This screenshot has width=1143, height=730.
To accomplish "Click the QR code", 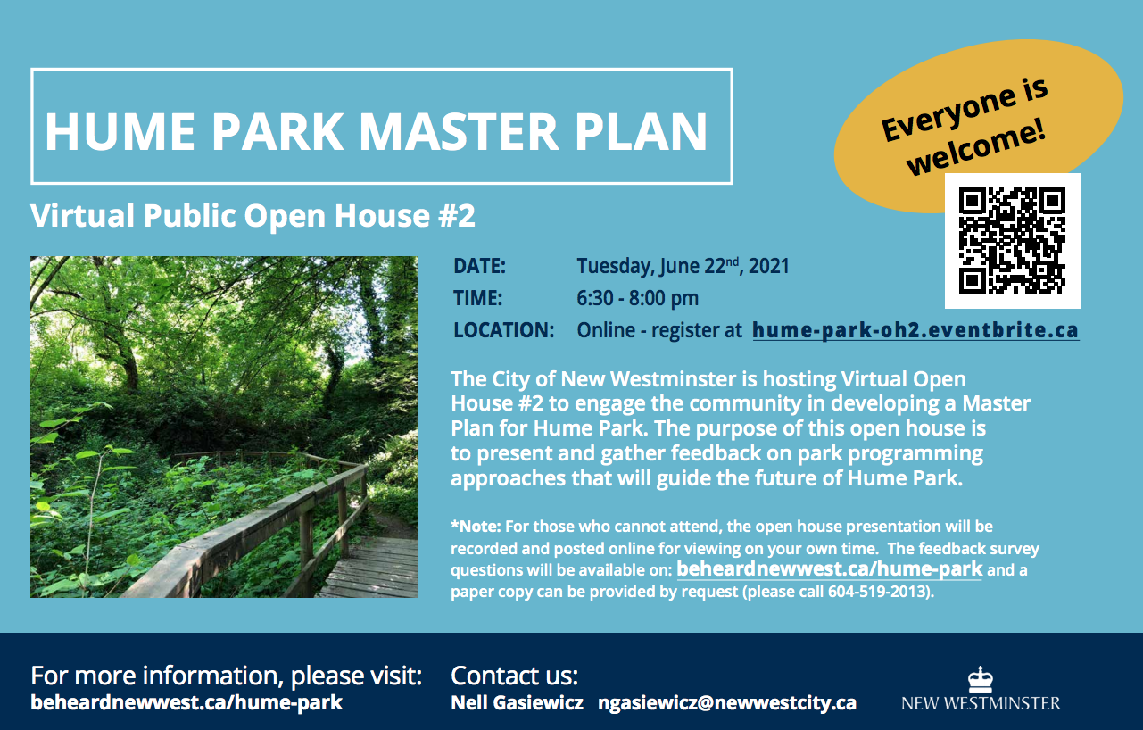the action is (1013, 240).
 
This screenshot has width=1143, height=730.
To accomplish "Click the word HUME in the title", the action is (120, 131).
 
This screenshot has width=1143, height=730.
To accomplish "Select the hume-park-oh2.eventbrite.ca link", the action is (915, 331).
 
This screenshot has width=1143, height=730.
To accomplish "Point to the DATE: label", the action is (479, 266).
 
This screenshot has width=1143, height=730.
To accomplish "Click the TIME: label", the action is (477, 298).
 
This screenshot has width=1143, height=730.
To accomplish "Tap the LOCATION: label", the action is (503, 330).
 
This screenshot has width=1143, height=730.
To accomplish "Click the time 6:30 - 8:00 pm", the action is (637, 298).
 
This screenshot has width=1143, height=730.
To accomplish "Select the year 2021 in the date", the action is (768, 266).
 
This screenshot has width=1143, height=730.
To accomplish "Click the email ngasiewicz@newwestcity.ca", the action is (727, 703).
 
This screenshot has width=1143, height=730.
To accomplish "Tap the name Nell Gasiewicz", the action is (517, 703).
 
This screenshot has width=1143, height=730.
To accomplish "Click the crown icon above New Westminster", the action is (981, 679).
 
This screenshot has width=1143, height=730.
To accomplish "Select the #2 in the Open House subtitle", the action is (456, 215).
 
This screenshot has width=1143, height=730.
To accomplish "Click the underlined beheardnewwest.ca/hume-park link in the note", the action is (829, 569).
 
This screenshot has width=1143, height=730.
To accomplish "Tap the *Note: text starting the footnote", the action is (476, 527).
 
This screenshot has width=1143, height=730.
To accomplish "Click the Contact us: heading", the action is (514, 676).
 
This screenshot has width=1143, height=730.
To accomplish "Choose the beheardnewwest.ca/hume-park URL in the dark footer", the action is (186, 703).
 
